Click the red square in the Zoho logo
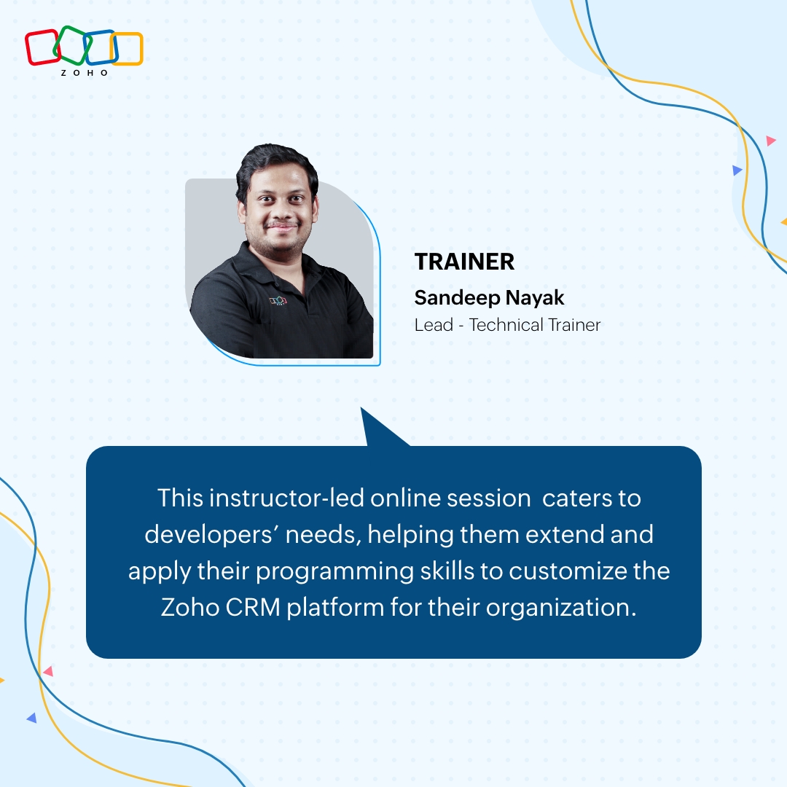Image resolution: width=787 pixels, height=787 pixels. (42, 47)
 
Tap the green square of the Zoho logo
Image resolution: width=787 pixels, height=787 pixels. (73, 44)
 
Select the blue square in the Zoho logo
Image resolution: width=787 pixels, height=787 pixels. (100, 47)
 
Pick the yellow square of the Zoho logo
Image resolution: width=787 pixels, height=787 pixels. (127, 49)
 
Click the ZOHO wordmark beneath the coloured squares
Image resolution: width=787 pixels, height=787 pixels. (85, 73)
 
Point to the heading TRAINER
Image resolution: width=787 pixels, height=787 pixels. (464, 262)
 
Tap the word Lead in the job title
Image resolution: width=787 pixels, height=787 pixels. (434, 325)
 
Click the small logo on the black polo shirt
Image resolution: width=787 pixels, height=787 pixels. (278, 299)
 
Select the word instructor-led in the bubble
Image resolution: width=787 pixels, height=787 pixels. (286, 498)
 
